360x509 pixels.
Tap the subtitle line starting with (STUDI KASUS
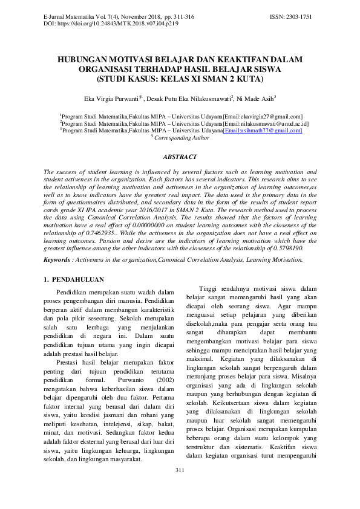[180, 79]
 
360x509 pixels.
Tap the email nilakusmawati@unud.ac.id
[266, 123]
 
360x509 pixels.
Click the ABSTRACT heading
[180, 157]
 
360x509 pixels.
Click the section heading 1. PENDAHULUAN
[74, 280]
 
